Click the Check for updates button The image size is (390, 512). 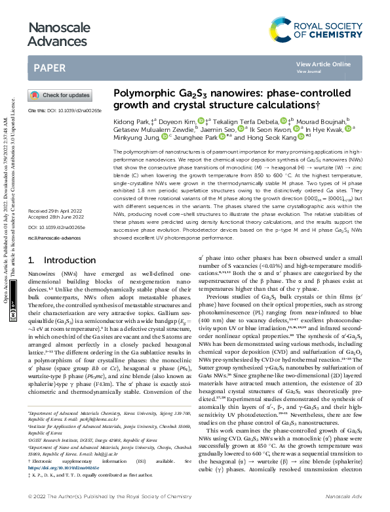point(60,95)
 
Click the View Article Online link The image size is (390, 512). point(323,64)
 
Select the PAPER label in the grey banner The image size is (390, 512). point(49,68)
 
